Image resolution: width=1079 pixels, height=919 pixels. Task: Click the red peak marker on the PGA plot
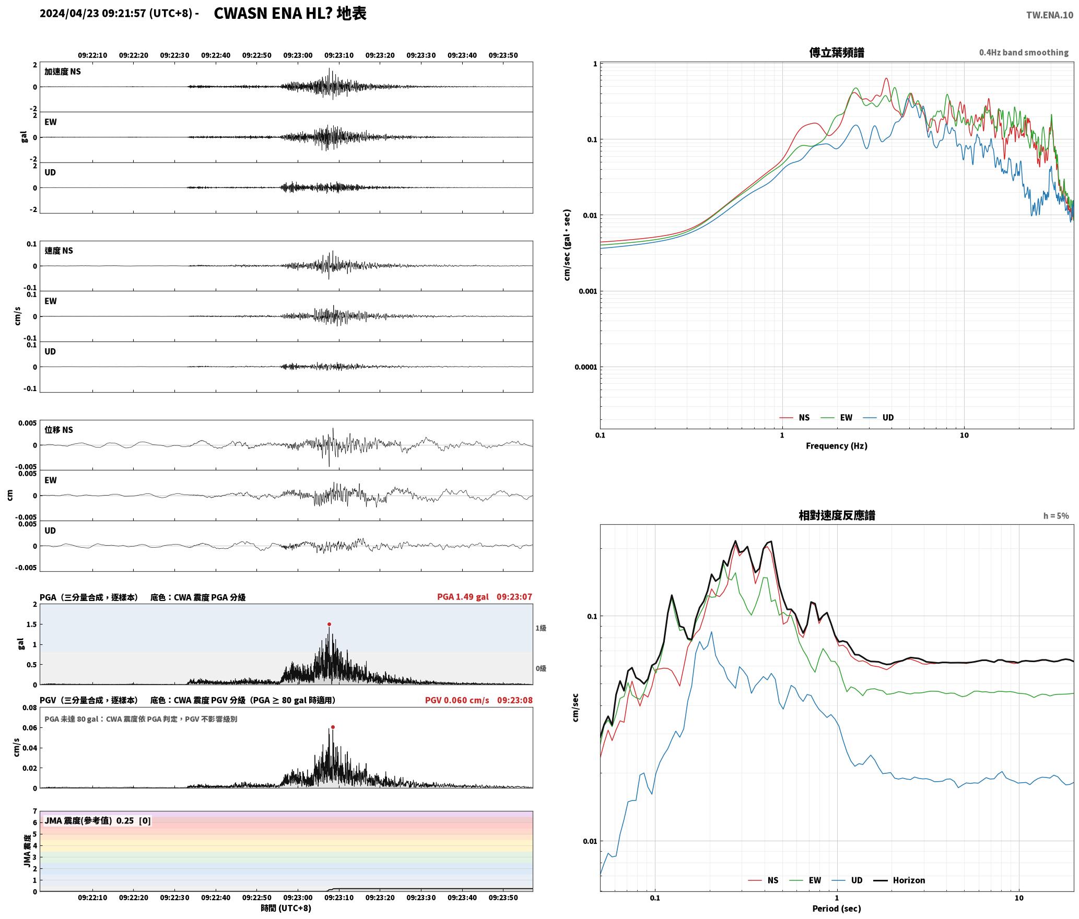click(x=329, y=624)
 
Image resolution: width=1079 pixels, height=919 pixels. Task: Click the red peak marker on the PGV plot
click(x=333, y=727)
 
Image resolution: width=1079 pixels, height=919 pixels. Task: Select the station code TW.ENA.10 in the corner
click(x=1050, y=15)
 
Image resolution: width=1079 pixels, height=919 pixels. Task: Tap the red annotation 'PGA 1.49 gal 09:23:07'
click(x=485, y=597)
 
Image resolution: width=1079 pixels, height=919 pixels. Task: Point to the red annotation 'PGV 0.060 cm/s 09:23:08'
click(x=479, y=700)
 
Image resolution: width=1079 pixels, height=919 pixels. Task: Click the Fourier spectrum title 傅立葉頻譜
click(x=837, y=52)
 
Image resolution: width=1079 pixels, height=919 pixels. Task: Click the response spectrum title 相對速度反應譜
click(x=837, y=515)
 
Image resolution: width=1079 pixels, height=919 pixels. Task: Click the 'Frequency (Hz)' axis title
click(x=837, y=445)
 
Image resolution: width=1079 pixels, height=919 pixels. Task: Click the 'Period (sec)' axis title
click(x=837, y=909)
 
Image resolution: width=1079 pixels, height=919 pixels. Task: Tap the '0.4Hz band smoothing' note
click(x=1024, y=52)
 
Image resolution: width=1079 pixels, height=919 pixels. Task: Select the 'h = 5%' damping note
click(x=1056, y=516)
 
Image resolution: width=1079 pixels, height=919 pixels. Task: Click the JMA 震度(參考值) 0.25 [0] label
click(x=98, y=820)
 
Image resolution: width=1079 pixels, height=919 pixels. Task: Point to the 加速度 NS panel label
click(x=63, y=72)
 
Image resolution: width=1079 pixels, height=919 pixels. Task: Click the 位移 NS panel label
click(x=59, y=430)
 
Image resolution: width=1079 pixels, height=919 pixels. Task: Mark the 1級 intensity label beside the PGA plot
click(x=541, y=628)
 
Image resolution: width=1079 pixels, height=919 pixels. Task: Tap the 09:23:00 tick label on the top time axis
click(x=298, y=55)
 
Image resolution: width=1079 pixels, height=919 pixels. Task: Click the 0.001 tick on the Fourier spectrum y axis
click(x=588, y=291)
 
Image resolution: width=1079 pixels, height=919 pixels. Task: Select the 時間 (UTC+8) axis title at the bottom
click(x=286, y=908)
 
